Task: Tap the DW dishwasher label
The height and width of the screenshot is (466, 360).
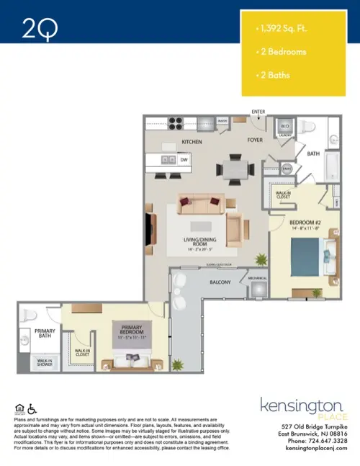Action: click(x=184, y=159)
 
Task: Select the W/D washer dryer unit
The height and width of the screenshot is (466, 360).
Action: click(x=284, y=126)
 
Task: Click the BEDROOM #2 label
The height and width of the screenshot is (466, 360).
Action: click(x=304, y=223)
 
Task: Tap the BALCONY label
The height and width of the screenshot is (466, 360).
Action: click(x=220, y=282)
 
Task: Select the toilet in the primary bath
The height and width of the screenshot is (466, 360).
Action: click(x=26, y=316)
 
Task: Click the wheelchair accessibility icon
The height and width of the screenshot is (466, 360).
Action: click(x=31, y=409)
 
